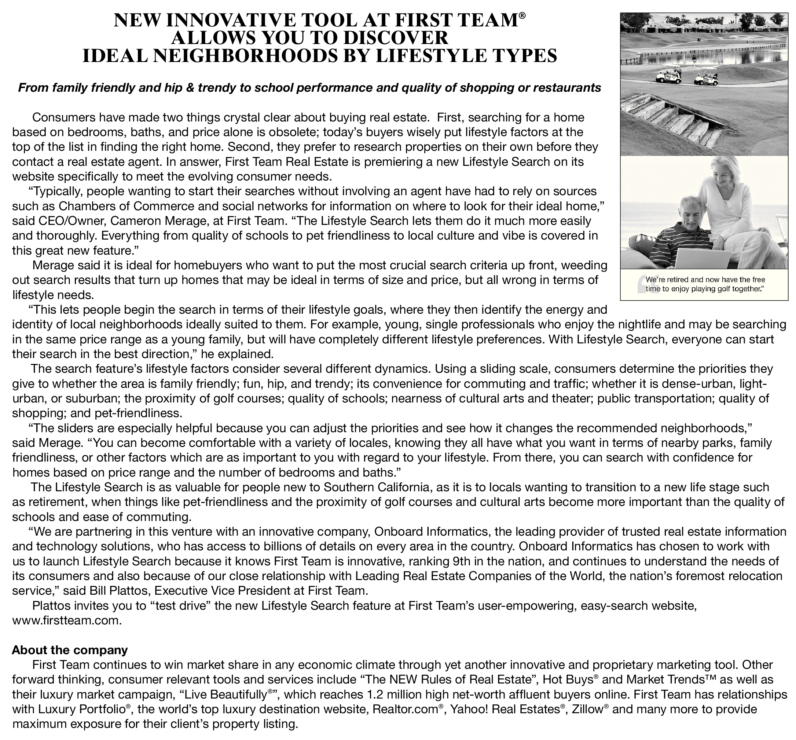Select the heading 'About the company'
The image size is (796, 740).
point(70,649)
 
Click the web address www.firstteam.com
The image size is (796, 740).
point(66,621)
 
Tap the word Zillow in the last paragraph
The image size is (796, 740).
point(587,709)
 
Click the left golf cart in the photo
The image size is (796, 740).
point(668,74)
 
